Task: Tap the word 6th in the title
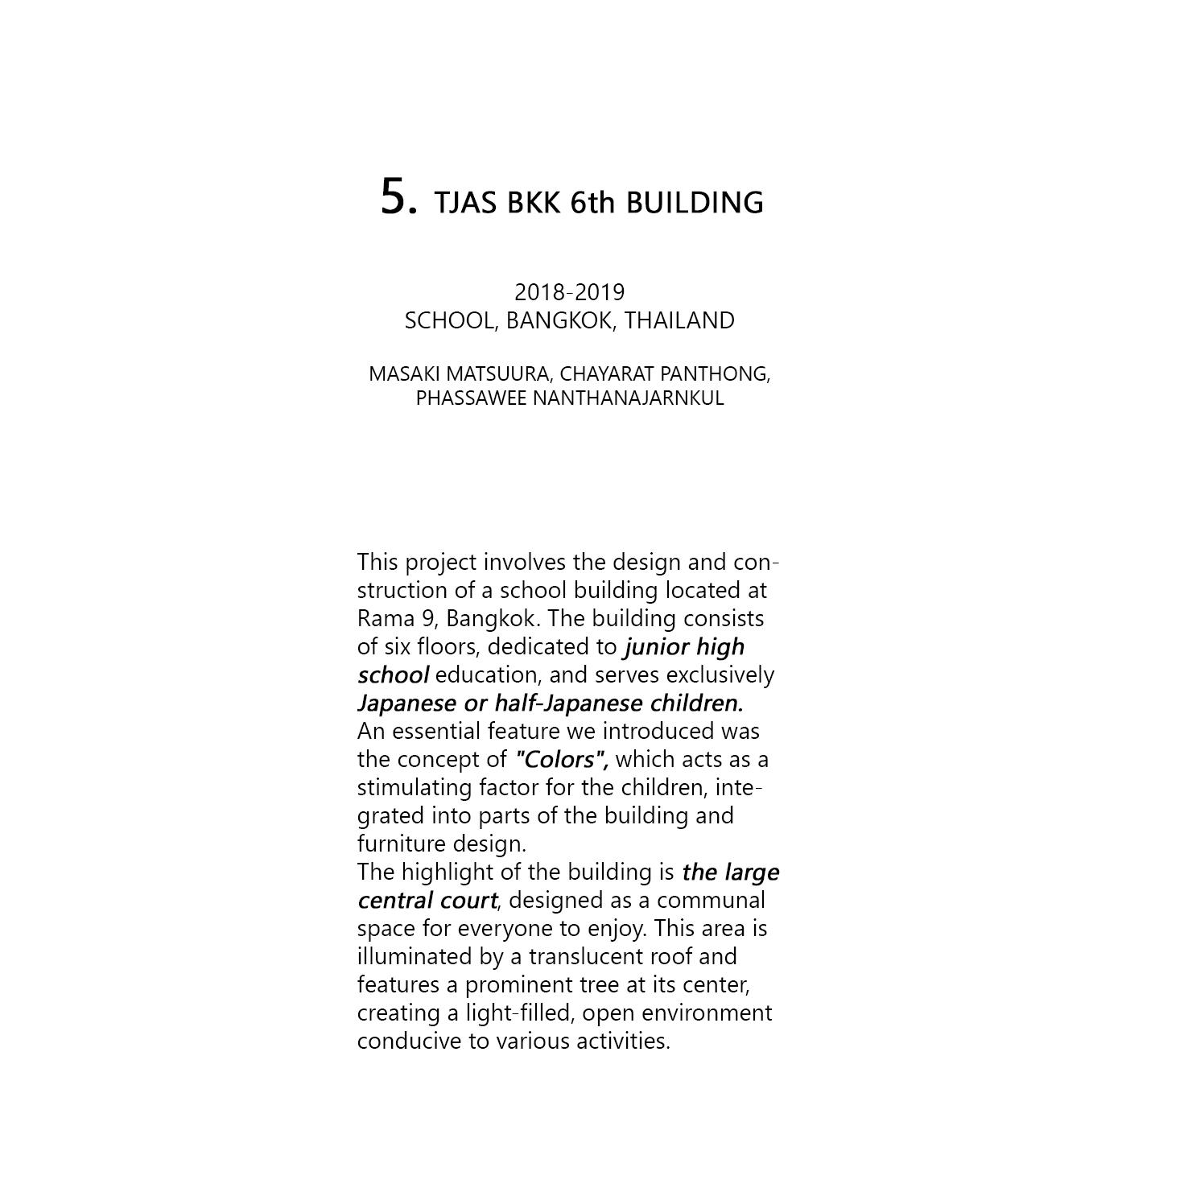pyautogui.click(x=592, y=203)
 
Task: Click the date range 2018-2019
pyautogui.click(x=569, y=292)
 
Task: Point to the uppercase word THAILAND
pyautogui.click(x=679, y=320)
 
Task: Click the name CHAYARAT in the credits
pyautogui.click(x=596, y=374)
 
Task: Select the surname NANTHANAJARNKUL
pyautogui.click(x=628, y=398)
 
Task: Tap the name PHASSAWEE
pyautogui.click(x=471, y=398)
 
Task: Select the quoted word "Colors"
pyautogui.click(x=560, y=759)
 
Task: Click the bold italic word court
pyautogui.click(x=468, y=900)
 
